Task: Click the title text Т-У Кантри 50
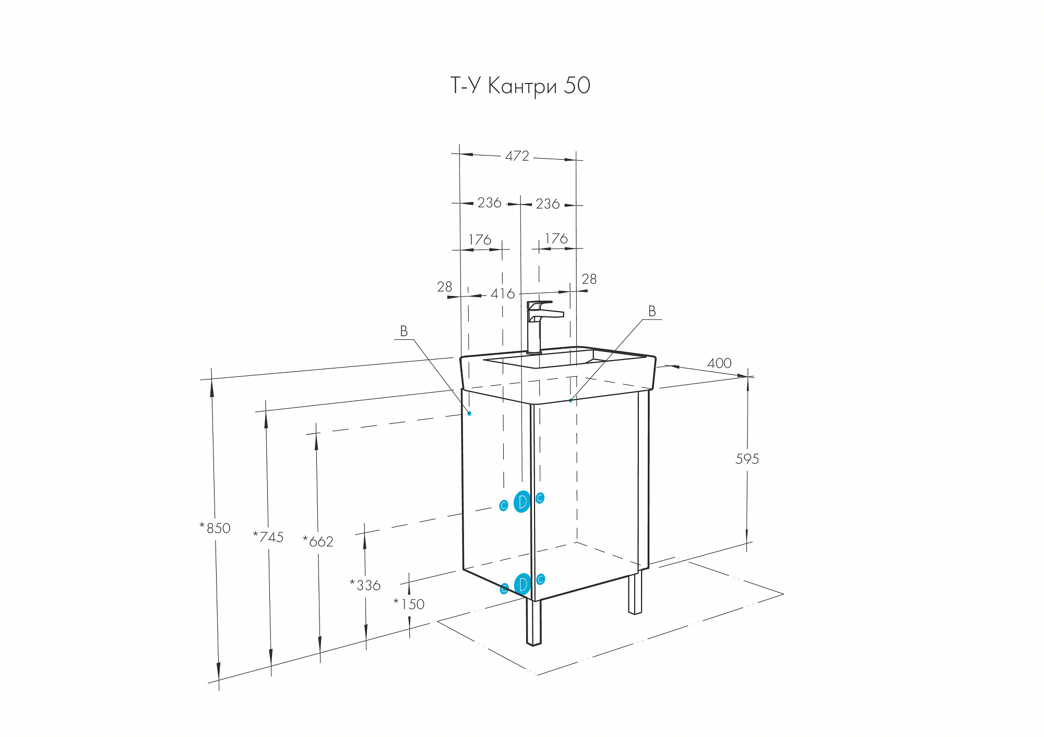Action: [x=520, y=86]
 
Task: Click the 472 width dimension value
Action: [x=517, y=156]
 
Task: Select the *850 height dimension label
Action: [x=215, y=528]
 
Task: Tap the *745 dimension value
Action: [x=268, y=537]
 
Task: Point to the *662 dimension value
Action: [x=318, y=541]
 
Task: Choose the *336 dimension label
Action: [x=365, y=585]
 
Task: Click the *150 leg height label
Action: [x=409, y=604]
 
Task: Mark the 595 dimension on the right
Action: [x=747, y=459]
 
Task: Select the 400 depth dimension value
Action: [x=719, y=363]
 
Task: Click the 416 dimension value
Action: [x=503, y=294]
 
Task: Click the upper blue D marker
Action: [x=522, y=502]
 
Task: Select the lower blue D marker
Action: [x=523, y=585]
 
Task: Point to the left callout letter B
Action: [x=404, y=331]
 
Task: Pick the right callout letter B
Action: [x=652, y=311]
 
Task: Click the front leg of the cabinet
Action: [x=533, y=622]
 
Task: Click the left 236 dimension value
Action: [x=490, y=203]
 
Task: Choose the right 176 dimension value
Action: [x=556, y=239]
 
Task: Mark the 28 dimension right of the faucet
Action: [x=589, y=279]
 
